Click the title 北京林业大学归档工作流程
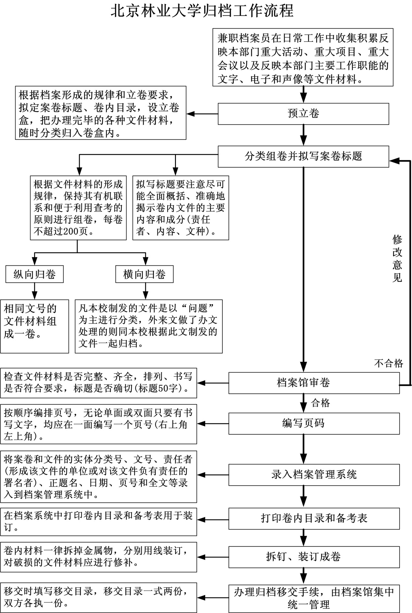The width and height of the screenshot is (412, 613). (x=202, y=11)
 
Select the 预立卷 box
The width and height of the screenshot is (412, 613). (x=303, y=114)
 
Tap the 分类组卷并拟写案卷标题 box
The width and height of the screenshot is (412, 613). (x=303, y=157)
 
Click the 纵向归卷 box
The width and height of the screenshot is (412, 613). (x=34, y=275)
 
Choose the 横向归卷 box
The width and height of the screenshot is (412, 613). (x=144, y=275)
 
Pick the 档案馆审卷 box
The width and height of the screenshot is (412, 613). (x=314, y=383)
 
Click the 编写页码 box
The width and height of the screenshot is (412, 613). (x=314, y=424)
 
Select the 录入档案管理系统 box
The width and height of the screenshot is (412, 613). (x=314, y=475)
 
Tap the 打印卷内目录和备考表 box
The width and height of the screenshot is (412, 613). (x=314, y=518)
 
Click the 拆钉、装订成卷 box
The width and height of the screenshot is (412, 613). (x=314, y=557)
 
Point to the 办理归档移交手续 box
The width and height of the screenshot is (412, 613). (x=314, y=599)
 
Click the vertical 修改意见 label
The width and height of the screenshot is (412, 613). (x=397, y=258)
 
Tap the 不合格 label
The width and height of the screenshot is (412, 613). (x=389, y=363)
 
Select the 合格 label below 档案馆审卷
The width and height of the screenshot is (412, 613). (x=320, y=403)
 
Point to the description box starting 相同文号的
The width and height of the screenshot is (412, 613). (x=34, y=326)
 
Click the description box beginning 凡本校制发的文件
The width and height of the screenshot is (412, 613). (x=149, y=326)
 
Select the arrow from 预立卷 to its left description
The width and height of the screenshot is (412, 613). (x=202, y=114)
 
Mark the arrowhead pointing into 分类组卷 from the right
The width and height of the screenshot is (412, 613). (x=394, y=160)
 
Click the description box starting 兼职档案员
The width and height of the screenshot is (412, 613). (x=303, y=57)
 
